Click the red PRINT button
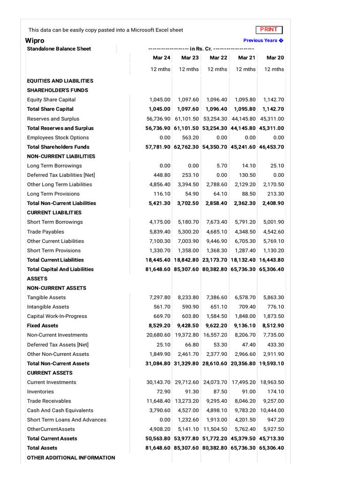269,30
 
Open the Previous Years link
263,40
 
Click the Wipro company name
35,40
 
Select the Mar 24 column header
161,58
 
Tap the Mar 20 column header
275,58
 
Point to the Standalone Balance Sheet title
59,49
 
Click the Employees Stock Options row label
58,137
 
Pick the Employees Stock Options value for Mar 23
190,137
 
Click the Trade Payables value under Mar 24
160,232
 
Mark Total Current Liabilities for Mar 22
215,260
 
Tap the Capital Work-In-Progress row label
57,316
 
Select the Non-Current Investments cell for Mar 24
158,335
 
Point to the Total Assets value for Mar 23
187,448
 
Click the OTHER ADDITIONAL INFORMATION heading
71,457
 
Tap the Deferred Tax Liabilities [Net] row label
61,175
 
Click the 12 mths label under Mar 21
246,69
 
